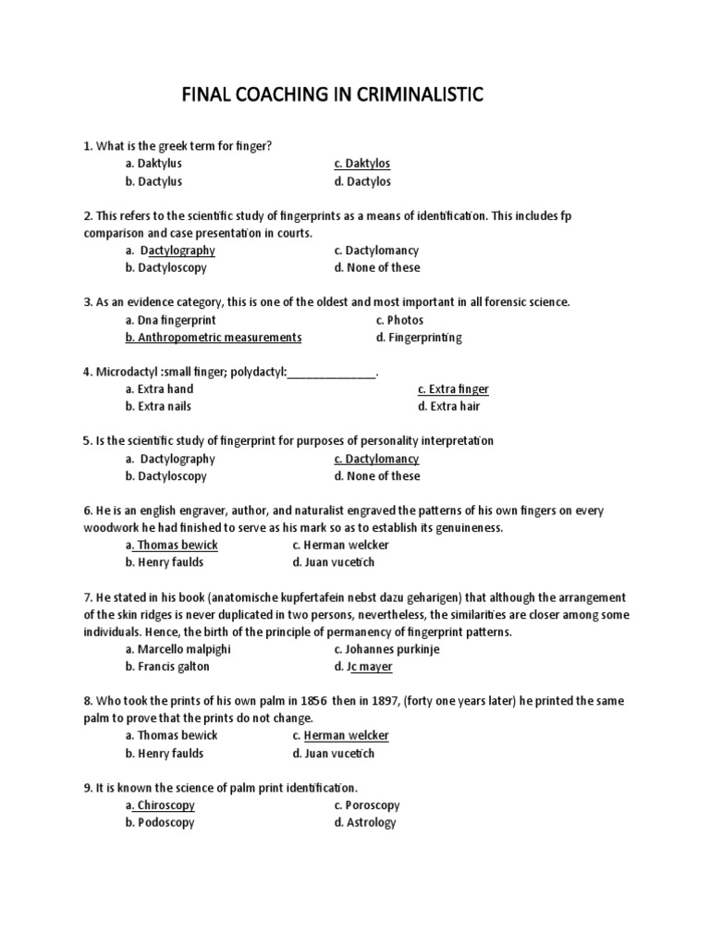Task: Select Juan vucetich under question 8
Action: [334, 754]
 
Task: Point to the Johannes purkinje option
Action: [386, 650]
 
